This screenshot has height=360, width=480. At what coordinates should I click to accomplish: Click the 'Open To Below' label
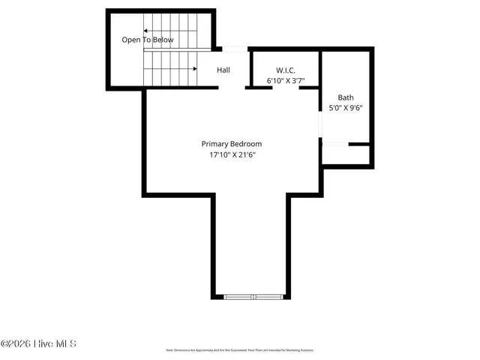[x=148, y=40]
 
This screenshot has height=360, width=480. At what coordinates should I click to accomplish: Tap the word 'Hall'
[x=223, y=70]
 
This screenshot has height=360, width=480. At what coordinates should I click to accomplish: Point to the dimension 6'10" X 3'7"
[x=286, y=80]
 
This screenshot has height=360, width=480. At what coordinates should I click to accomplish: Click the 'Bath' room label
[x=345, y=97]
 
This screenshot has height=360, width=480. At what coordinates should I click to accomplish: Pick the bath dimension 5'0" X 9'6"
[x=345, y=108]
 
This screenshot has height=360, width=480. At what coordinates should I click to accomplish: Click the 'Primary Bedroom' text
[x=232, y=144]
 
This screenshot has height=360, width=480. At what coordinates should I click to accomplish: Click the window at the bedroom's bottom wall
[x=253, y=297]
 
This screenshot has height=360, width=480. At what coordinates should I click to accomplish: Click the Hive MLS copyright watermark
[x=39, y=344]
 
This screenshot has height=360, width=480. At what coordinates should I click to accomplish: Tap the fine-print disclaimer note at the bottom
[x=239, y=350]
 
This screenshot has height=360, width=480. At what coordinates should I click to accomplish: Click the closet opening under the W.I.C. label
[x=286, y=88]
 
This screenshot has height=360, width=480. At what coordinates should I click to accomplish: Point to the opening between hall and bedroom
[x=233, y=88]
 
